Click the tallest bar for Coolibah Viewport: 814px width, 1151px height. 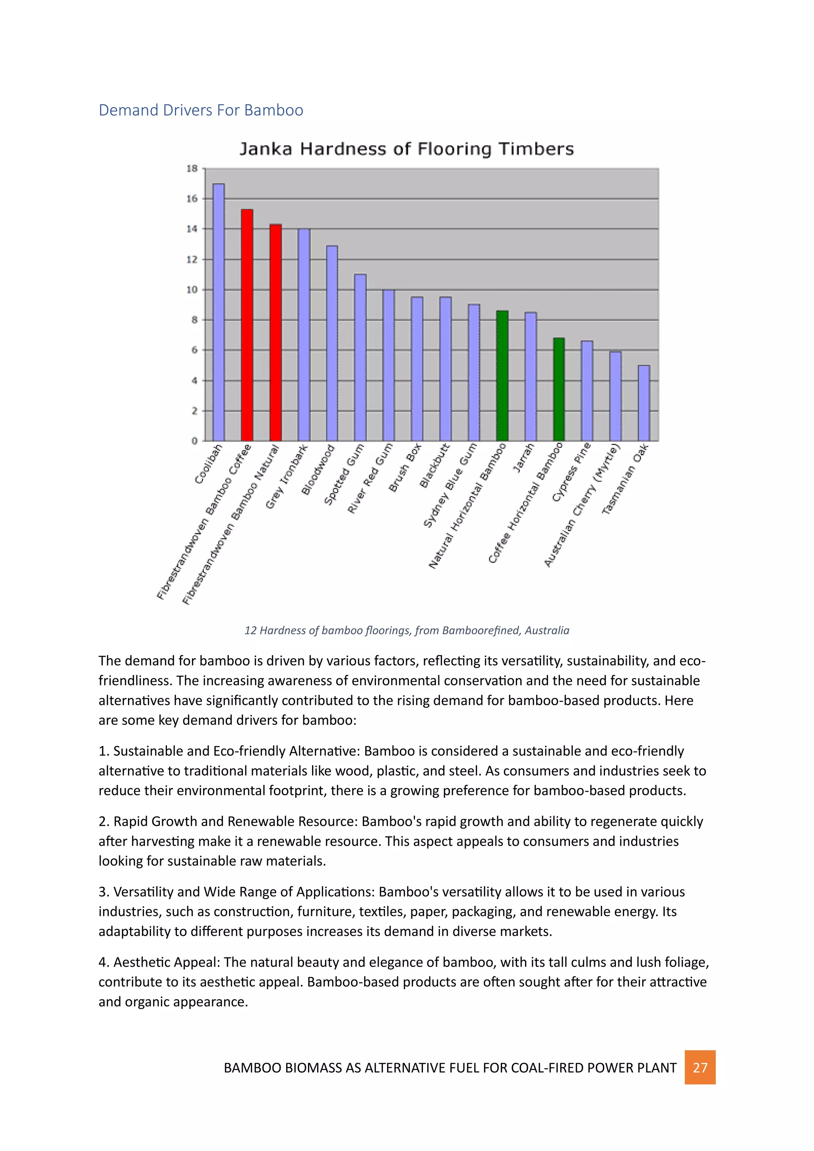219,312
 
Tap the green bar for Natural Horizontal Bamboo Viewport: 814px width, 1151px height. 502,376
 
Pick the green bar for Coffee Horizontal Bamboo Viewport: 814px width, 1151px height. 559,389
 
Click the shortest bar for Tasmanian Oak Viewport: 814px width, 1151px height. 643,403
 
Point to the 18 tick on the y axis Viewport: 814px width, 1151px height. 192,169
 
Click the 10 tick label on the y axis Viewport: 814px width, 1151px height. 192,290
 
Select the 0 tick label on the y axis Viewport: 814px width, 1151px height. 194,441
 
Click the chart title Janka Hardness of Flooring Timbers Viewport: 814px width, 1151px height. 407,149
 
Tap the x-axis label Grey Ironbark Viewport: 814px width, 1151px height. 286,477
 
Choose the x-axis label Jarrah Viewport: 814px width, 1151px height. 523,458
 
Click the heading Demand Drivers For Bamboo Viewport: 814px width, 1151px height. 200,110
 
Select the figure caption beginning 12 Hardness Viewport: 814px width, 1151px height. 407,630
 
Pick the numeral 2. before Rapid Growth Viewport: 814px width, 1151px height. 104,821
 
